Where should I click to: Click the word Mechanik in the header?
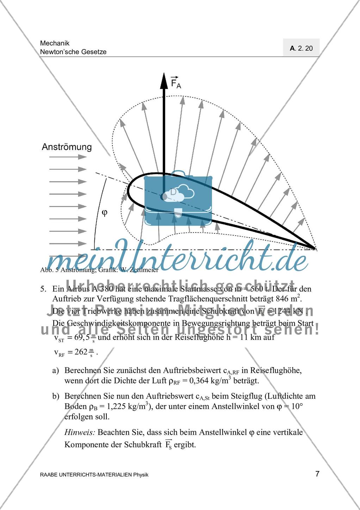[55, 43]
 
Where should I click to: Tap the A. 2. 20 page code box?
[301, 48]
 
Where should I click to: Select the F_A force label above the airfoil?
[175, 82]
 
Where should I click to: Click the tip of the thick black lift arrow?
[164, 75]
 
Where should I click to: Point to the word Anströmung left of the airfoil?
[67, 147]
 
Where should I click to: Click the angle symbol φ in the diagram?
[104, 213]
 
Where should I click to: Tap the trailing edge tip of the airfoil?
[316, 249]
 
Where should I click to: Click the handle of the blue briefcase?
[178, 174]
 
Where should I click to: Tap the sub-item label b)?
[56, 396]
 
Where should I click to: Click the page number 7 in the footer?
[317, 474]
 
